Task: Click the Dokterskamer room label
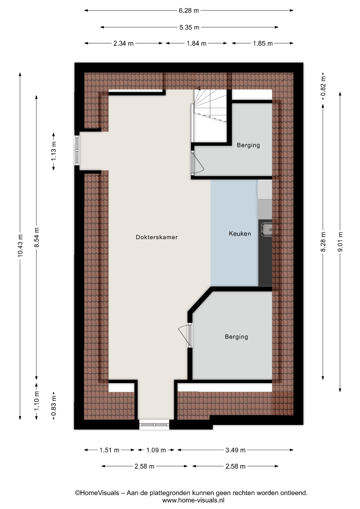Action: pos(157,237)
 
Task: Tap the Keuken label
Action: pos(240,234)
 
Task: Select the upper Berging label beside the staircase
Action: pos(248,145)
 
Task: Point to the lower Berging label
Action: pos(236,337)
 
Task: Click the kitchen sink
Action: pos(266,229)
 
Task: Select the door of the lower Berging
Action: pos(185,335)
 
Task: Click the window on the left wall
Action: pos(77,150)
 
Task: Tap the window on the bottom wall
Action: pos(154,424)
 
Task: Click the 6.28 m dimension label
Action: pos(189,11)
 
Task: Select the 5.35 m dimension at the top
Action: pos(189,27)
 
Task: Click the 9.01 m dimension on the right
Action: pos(340,242)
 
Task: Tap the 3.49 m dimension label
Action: pos(235,450)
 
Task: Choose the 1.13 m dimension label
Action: pos(54,151)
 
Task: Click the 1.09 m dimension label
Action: pos(156,450)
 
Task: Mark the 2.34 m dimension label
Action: pos(124,43)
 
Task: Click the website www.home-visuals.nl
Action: pos(193,500)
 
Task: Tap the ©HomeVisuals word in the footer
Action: pos(97,493)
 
